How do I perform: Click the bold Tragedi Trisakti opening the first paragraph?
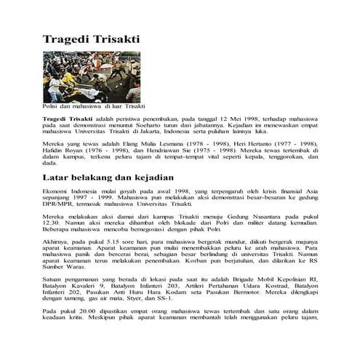[68, 117]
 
